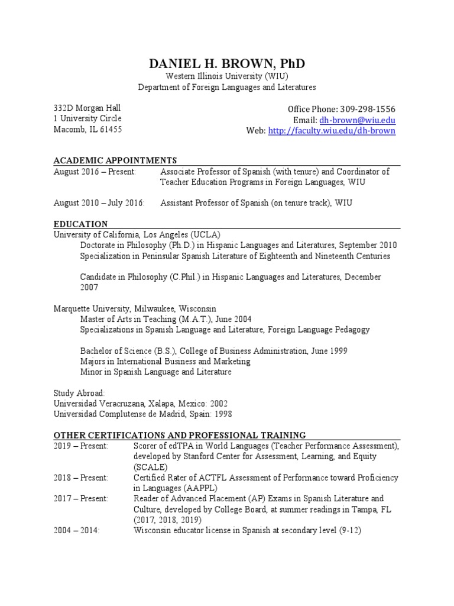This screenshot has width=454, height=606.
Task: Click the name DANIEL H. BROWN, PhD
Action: [227, 64]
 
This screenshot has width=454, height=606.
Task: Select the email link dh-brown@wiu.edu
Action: [357, 120]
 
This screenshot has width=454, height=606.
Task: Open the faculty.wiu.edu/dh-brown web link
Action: [332, 131]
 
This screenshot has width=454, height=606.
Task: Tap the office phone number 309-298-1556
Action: [366, 109]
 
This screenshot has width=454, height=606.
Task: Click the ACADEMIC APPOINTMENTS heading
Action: [115, 160]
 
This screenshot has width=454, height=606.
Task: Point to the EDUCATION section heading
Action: [80, 224]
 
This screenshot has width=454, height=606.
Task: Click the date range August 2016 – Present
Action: [95, 172]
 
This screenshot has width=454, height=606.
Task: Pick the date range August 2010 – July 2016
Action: [99, 203]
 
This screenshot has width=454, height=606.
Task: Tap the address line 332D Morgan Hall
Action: [87, 108]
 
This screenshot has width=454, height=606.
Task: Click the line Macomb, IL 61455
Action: [87, 129]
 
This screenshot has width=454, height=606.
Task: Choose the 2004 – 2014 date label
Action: [77, 531]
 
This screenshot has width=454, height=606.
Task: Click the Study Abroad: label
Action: [79, 393]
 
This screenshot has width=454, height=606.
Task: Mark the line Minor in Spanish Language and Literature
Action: [155, 372]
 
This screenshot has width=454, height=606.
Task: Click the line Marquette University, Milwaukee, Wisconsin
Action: [135, 308]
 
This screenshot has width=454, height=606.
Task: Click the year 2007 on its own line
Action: [89, 287]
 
